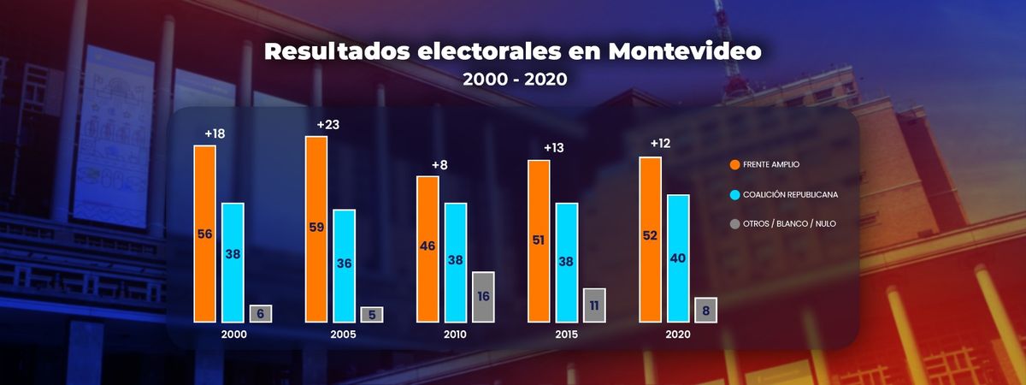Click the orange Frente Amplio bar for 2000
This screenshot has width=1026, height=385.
(204, 234)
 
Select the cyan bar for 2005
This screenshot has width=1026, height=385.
(345, 265)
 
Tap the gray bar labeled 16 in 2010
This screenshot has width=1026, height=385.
(483, 297)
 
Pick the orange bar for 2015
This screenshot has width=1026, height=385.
(539, 240)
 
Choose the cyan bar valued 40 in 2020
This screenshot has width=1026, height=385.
(678, 258)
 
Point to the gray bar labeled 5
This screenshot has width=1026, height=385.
(372, 314)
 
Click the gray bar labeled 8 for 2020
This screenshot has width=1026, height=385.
(705, 310)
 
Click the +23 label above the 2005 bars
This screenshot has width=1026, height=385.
(328, 125)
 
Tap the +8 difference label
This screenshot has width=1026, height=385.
(439, 164)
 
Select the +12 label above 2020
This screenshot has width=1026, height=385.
(660, 143)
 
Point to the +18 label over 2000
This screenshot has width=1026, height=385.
(215, 133)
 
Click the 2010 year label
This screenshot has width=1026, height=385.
(455, 335)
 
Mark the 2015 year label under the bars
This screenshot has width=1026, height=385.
(566, 335)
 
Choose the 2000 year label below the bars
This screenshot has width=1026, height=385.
(233, 335)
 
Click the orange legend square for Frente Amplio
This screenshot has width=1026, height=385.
(735, 165)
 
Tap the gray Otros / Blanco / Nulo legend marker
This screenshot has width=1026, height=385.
(735, 223)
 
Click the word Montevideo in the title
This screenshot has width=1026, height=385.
(684, 50)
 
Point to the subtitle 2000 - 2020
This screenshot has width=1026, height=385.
(513, 79)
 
